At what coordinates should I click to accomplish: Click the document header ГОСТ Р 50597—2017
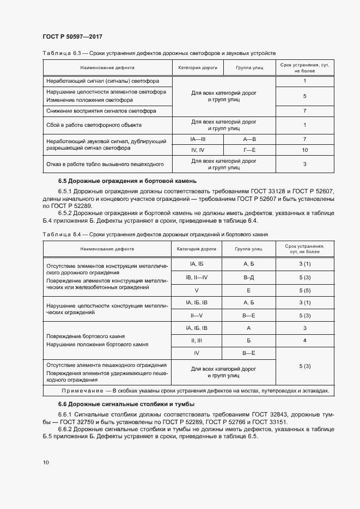[72, 36]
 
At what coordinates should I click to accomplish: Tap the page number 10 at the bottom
[46, 462]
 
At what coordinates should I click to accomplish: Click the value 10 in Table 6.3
[304, 150]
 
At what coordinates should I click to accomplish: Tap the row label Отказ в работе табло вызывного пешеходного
[105, 164]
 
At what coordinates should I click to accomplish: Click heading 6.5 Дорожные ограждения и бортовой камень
[124, 181]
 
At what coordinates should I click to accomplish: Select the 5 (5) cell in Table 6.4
[304, 290]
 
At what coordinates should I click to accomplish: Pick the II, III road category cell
[197, 341]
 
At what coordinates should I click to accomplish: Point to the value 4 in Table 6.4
[304, 341]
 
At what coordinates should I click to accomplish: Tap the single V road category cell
[197, 290]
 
